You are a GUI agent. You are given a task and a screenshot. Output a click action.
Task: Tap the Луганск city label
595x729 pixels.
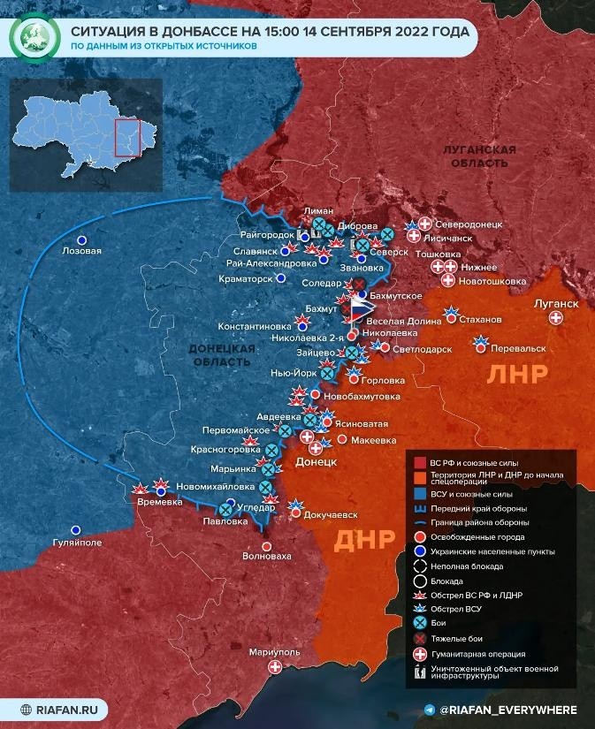[556, 304]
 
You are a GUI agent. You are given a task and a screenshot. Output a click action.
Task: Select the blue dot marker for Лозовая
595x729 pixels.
[82, 239]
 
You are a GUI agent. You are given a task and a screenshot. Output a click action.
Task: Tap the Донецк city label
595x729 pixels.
[317, 461]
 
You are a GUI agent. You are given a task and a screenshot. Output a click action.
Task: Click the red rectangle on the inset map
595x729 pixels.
[128, 137]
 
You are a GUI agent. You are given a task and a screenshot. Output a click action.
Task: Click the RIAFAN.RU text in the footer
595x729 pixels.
[72, 709]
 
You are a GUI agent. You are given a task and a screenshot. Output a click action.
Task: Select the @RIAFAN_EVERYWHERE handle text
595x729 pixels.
[508, 710]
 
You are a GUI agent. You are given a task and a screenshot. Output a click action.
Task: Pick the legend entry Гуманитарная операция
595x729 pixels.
[476, 654]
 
